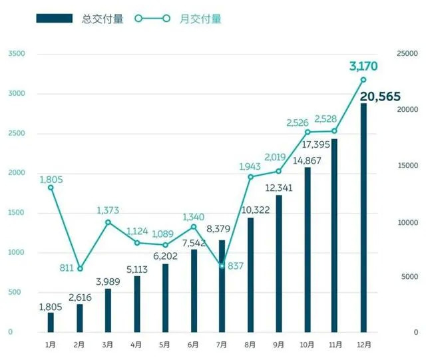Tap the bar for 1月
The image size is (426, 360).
(x=51, y=322)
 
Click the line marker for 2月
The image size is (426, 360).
(x=80, y=269)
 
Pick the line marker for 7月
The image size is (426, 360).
(x=222, y=266)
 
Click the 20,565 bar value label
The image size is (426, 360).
(x=380, y=97)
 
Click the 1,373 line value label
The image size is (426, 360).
(x=108, y=210)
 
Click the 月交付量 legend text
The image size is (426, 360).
(x=201, y=19)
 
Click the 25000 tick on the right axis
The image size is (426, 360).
(x=407, y=54)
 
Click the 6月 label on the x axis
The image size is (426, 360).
(x=194, y=345)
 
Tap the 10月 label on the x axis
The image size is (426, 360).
(x=308, y=345)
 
